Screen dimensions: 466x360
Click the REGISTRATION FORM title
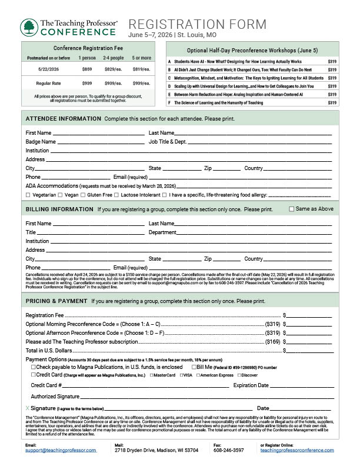pos(196,24)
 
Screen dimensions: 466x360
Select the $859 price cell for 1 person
pos(88,69)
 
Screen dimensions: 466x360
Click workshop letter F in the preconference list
pos(169,102)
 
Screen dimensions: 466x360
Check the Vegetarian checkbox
pos(28,195)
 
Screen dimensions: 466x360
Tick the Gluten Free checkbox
pos(83,195)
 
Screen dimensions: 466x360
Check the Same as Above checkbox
pos(292,209)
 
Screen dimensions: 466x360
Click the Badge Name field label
pos(41,142)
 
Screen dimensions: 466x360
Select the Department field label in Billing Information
pos(162,232)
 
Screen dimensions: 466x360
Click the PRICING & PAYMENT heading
pos(56,302)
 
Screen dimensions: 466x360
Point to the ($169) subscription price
pos(272,341)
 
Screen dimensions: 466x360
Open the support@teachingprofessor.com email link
pos(61,450)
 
